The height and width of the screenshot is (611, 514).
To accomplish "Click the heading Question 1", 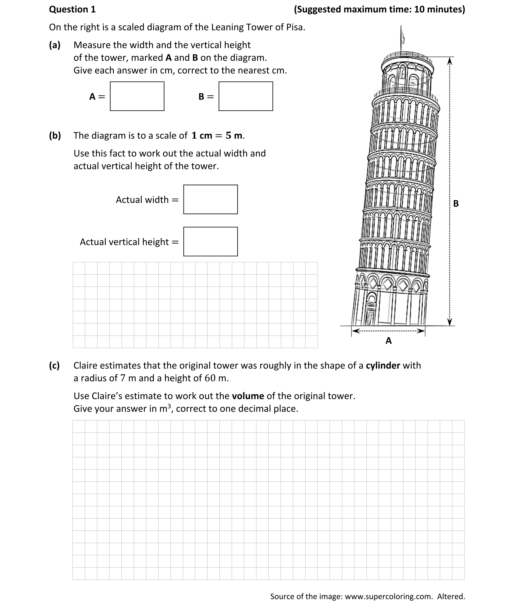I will click(x=72, y=10).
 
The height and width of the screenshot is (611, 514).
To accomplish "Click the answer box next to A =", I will click(x=137, y=96).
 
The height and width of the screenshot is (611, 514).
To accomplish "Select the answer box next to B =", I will click(x=246, y=96).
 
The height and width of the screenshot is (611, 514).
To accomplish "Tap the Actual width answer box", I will click(x=210, y=199).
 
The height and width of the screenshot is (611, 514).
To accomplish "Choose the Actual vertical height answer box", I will click(x=210, y=242).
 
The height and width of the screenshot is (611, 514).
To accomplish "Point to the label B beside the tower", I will click(x=456, y=203).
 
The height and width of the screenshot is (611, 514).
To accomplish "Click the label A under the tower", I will click(x=388, y=341).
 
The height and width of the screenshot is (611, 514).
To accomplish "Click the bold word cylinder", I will click(x=383, y=365).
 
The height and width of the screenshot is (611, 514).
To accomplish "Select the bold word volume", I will click(x=248, y=396).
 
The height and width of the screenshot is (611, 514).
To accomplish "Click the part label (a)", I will click(x=55, y=45).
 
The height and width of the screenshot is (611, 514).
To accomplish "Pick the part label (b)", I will click(x=55, y=135).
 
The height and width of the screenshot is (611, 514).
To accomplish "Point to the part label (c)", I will click(x=55, y=365).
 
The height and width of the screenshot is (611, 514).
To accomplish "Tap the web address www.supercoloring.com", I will click(x=388, y=596).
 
